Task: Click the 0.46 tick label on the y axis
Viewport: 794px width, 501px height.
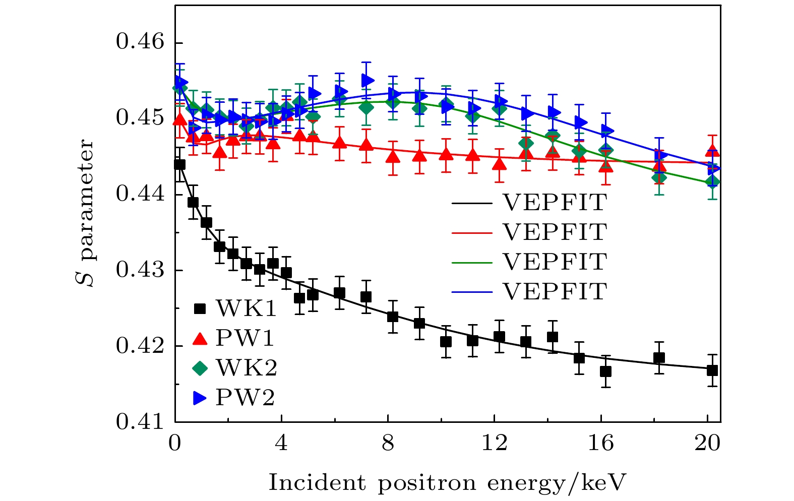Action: coord(140,43)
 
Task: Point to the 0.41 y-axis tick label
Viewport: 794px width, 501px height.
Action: coord(140,422)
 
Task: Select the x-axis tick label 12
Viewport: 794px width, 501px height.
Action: coord(495,444)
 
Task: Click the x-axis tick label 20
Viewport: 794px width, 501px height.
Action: coord(707,444)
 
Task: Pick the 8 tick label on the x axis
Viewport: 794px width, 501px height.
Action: coord(388,444)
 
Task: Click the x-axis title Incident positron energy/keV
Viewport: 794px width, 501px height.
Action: coord(447,483)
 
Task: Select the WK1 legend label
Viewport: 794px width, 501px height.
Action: coord(246,308)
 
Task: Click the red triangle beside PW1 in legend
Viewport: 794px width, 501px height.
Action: coord(200,339)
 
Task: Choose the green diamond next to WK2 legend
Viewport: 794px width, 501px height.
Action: coord(200,368)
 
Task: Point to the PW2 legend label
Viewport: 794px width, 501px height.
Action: coord(245,398)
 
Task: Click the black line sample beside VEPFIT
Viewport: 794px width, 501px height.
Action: coord(471,203)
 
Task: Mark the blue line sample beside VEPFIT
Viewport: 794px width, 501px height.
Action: coord(471,292)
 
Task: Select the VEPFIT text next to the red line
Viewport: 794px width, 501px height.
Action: coord(555,232)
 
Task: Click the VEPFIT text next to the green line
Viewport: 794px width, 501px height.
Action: coord(555,262)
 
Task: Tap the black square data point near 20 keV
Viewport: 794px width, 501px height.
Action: coord(712,370)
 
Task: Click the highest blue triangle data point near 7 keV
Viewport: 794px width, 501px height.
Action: coord(367,80)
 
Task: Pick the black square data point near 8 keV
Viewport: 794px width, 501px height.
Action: coord(393,317)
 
